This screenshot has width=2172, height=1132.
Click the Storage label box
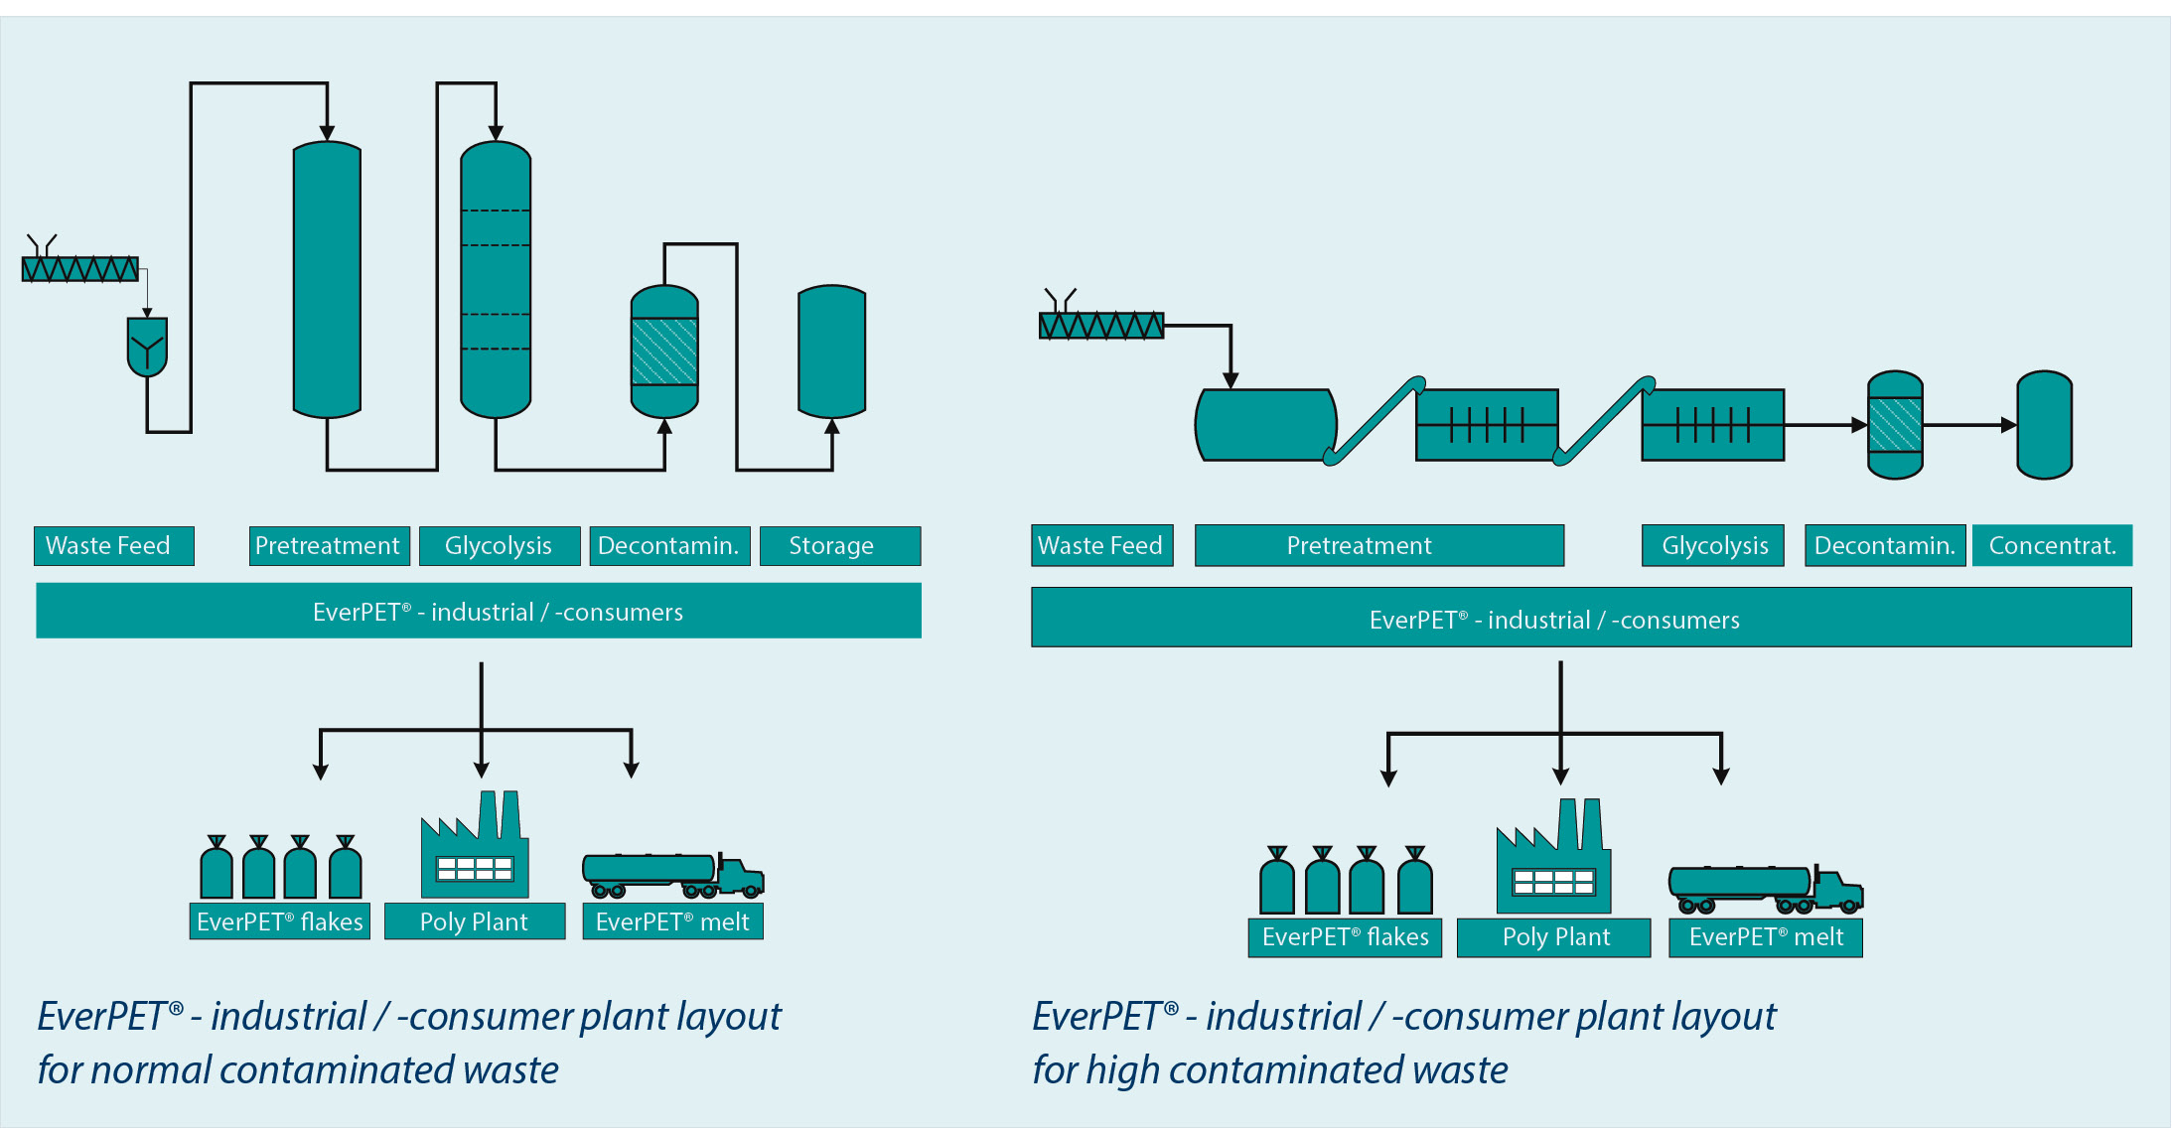click(x=839, y=545)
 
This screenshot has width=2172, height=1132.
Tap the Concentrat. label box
click(x=2052, y=545)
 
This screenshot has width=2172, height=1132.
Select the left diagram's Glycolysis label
click(x=499, y=545)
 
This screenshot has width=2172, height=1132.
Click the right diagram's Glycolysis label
click(x=1713, y=545)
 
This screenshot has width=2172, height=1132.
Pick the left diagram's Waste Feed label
click(x=113, y=545)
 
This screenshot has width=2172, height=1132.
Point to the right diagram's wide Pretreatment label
click(x=1378, y=545)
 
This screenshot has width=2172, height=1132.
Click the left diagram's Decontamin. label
click(x=669, y=545)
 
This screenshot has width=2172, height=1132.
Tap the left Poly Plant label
click(x=474, y=921)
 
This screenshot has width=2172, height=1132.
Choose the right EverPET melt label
click(x=1765, y=937)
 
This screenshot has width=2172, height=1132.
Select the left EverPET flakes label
click(x=279, y=921)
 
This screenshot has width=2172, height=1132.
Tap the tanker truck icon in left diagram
click(x=671, y=875)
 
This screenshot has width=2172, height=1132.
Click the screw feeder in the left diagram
click(x=79, y=268)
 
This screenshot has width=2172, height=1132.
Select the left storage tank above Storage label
click(x=831, y=352)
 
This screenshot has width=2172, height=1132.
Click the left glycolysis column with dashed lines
click(x=496, y=280)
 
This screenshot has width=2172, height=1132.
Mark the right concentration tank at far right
click(x=2044, y=425)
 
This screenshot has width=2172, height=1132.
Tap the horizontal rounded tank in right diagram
click(x=1265, y=425)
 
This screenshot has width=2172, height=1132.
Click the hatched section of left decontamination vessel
click(x=664, y=352)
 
